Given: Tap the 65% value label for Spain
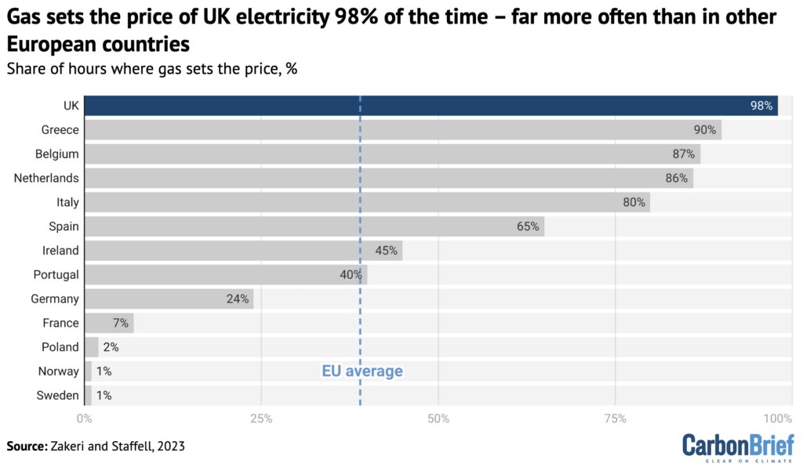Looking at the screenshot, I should pos(528,226).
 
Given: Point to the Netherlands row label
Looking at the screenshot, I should pos(46,178).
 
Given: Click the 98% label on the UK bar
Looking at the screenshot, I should pos(761,106).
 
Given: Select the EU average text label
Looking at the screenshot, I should pos(362,371).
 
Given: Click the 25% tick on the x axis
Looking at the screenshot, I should pos(261,418).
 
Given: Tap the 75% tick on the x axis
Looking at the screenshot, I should pos(616,418).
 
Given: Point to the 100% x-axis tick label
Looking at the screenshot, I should pos(779,418).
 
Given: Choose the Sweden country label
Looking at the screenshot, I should pos(57,395).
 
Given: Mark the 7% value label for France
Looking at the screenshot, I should pos(120,323).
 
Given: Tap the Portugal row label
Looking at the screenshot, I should pos(56,274).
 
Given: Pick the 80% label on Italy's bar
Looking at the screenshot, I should pos(634,202).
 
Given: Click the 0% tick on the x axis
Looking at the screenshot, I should pos(85,418).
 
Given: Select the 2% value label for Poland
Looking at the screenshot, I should pos(111,347).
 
